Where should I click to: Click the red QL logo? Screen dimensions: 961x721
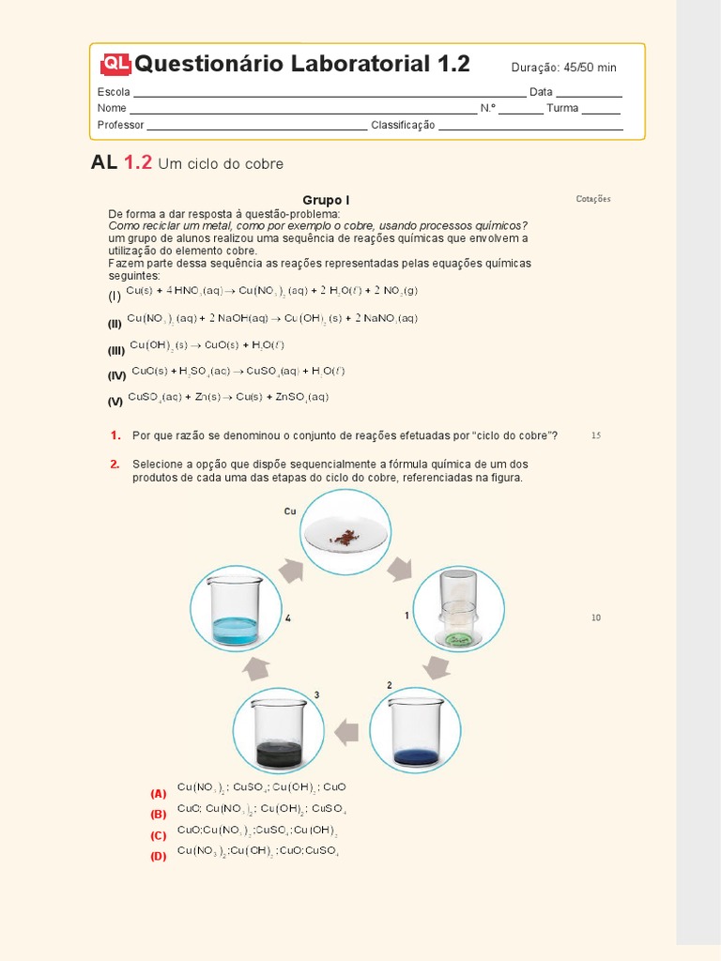pos(115,64)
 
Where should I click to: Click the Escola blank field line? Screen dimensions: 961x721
pos(330,96)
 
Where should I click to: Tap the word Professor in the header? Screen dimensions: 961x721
pos(120,126)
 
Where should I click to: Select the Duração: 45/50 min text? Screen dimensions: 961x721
pos(563,68)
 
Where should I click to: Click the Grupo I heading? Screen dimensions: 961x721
pos(326,200)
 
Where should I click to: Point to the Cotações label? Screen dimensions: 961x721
pos(593,199)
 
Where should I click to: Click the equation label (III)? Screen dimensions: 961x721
pos(116,350)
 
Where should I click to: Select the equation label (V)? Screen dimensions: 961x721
pos(115,401)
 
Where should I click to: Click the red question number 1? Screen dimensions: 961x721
pos(115,435)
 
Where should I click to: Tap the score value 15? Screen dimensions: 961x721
pos(596,435)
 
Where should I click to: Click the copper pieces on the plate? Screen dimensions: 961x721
pos(344,537)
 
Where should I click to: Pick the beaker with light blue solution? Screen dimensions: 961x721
pos(236,611)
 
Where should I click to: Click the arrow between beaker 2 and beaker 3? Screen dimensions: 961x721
pos(346,732)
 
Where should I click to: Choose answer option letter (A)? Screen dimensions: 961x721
pos(158,793)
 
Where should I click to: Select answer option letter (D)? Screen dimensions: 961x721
pos(158,855)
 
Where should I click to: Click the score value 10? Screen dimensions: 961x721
pos(596,618)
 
